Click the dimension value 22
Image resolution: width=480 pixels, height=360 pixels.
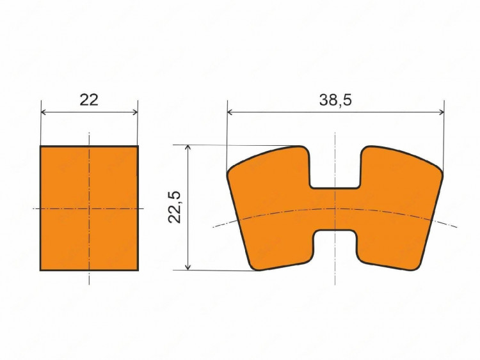89,100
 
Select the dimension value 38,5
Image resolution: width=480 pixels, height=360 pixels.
335,100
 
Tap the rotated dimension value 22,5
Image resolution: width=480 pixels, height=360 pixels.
175,207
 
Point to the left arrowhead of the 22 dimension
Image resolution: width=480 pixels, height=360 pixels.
44,112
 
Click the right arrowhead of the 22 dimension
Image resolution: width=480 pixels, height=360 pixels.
134,112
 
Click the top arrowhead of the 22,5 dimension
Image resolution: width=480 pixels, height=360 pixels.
188,148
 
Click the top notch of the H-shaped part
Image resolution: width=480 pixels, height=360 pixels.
335,168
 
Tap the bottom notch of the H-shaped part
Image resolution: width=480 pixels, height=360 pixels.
335,249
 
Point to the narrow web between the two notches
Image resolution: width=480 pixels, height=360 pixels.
335,209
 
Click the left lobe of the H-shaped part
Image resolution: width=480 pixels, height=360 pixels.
272,208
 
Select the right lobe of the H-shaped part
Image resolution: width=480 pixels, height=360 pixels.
398,208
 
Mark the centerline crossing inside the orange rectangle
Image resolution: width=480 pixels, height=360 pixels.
89,208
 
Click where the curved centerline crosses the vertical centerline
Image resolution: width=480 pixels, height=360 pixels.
335,208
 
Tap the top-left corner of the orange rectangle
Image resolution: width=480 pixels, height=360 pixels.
40,146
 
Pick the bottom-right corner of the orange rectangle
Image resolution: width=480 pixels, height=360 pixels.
138,270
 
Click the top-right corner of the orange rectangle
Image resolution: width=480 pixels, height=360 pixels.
138,146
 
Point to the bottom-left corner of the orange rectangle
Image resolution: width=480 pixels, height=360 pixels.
40,270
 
